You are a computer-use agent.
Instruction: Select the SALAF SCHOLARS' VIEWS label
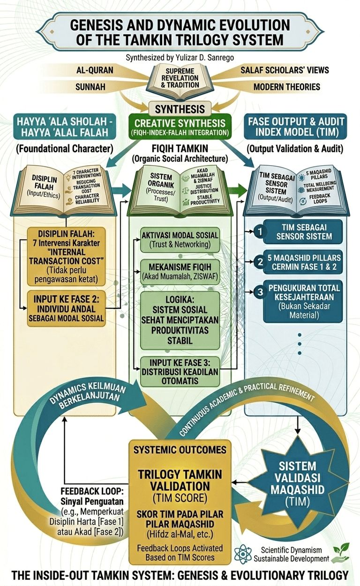click(x=285, y=70)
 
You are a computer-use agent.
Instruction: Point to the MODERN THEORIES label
click(x=286, y=87)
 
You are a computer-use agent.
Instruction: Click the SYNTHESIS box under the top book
click(x=180, y=109)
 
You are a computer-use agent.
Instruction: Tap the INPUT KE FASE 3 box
click(x=180, y=371)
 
